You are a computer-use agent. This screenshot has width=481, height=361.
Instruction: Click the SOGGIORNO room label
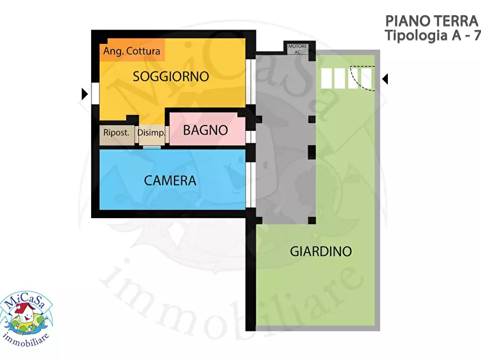click(171, 77)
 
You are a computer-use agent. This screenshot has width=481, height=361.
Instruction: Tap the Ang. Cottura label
click(132, 51)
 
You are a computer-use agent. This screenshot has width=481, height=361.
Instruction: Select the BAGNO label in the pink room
click(205, 130)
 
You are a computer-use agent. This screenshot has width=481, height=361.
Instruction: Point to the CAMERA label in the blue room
click(170, 180)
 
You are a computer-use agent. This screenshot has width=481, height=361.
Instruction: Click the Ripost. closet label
click(116, 133)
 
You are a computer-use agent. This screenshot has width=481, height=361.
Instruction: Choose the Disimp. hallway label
click(151, 133)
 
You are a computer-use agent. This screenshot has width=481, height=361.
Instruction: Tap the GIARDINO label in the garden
click(320, 251)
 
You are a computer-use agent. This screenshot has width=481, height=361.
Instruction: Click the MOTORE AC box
click(297, 49)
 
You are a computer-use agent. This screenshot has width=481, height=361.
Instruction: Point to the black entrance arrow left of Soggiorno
click(85, 94)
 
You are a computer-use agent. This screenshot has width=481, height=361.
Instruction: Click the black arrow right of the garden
click(385, 79)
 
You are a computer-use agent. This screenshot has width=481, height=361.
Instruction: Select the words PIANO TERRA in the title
click(431, 21)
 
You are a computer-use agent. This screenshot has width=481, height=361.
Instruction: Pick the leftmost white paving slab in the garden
click(326, 79)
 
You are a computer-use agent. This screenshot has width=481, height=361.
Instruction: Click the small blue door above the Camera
click(152, 147)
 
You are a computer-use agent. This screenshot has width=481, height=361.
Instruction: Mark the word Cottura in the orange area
click(143, 51)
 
